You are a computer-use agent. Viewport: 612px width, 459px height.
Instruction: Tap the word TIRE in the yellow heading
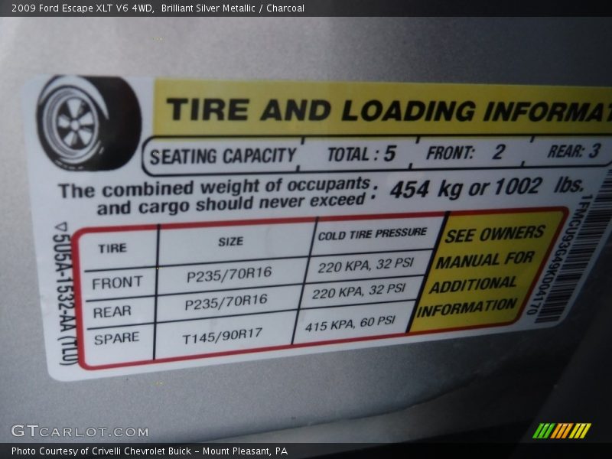coord(207,109)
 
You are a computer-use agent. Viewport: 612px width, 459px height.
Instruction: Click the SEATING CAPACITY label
coord(223,156)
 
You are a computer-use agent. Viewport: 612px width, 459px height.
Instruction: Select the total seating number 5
coord(389,154)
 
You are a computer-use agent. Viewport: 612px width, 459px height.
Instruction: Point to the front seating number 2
coord(498,152)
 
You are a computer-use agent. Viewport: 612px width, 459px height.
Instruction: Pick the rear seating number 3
coord(594,151)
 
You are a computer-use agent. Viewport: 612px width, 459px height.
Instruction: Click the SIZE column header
coord(230,241)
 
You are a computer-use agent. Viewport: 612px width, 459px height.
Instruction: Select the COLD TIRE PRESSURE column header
coord(373,233)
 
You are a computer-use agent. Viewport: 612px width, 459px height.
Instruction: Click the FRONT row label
coord(117,283)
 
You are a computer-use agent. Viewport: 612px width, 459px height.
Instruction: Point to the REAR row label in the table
coord(112,311)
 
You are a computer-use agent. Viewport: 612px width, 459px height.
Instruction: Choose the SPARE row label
coord(116,338)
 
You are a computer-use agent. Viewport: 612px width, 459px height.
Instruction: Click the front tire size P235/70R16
coord(229,275)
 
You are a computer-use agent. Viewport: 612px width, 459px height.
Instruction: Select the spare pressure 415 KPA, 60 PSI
coord(350,324)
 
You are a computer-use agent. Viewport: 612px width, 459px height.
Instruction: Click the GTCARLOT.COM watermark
coord(69,431)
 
